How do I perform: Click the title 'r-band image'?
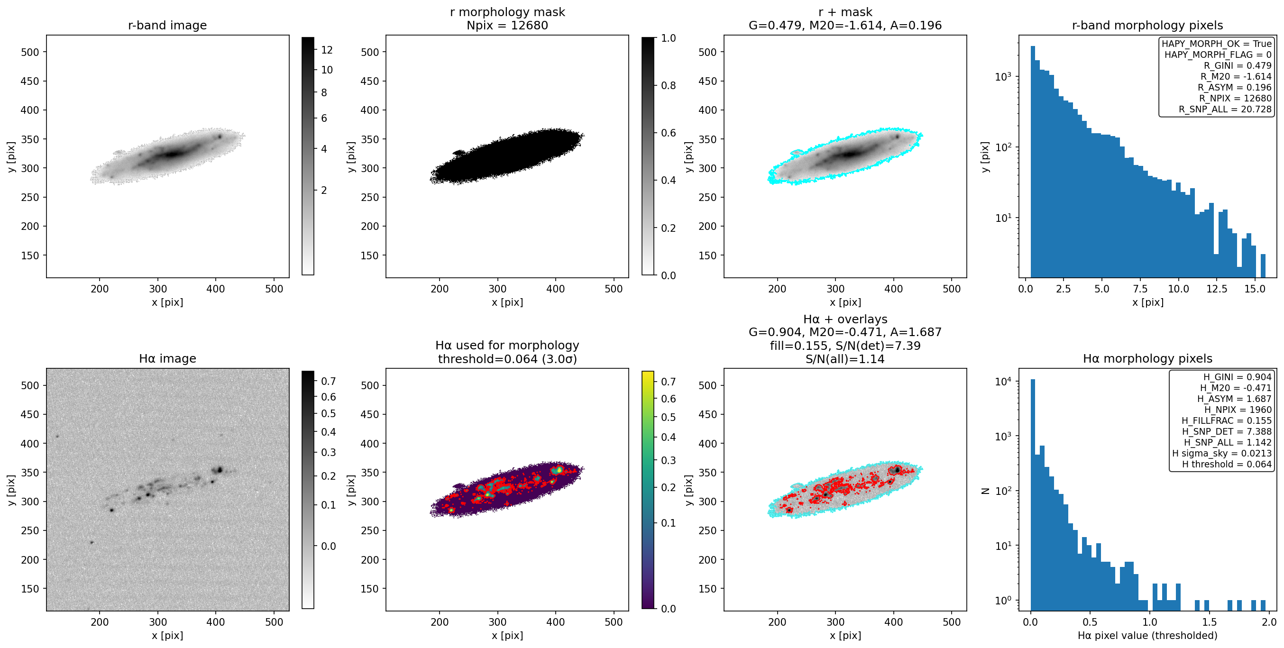167,26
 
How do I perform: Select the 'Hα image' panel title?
167,358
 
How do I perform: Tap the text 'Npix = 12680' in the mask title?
507,26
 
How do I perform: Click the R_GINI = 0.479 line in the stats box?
1238,65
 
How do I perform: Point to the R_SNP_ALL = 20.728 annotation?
1225,109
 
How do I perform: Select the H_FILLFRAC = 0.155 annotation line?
1227,420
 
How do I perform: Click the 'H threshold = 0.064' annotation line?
1227,464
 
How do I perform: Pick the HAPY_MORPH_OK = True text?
1217,44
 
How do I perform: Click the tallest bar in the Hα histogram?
1033,494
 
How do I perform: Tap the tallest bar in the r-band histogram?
1033,162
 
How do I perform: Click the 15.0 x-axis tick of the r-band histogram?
1255,289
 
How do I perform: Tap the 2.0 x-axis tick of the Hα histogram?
1269,621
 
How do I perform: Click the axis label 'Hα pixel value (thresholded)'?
1147,636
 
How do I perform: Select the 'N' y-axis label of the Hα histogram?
985,491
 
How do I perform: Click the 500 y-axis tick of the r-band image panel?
30,52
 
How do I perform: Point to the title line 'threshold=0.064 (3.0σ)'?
507,359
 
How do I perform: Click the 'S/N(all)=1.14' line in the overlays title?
845,359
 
